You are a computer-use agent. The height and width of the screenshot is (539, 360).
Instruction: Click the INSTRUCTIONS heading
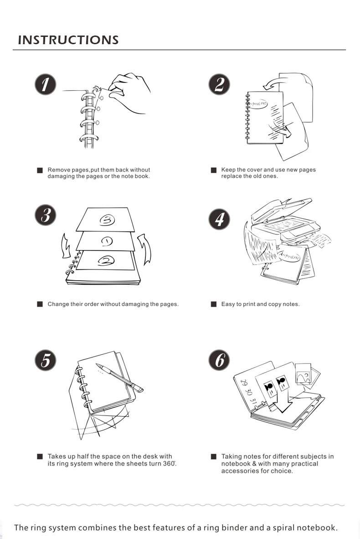coord(68,40)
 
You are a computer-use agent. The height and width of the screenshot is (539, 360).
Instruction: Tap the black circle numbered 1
coord(46,85)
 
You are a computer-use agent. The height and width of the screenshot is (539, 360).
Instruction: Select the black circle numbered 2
coord(219,85)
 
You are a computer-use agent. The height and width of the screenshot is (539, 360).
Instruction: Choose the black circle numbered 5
coord(46,360)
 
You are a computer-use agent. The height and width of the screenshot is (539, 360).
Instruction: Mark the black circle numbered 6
coord(219,360)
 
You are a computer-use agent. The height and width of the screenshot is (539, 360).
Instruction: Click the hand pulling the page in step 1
coord(130,91)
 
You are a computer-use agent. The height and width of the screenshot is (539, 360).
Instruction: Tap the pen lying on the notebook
coord(119,377)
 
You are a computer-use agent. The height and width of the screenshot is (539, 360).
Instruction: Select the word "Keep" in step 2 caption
coord(228,170)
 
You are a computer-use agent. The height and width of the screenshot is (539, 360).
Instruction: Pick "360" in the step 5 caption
coord(169,463)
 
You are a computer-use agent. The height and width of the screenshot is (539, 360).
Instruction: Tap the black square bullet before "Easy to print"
coord(213,304)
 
